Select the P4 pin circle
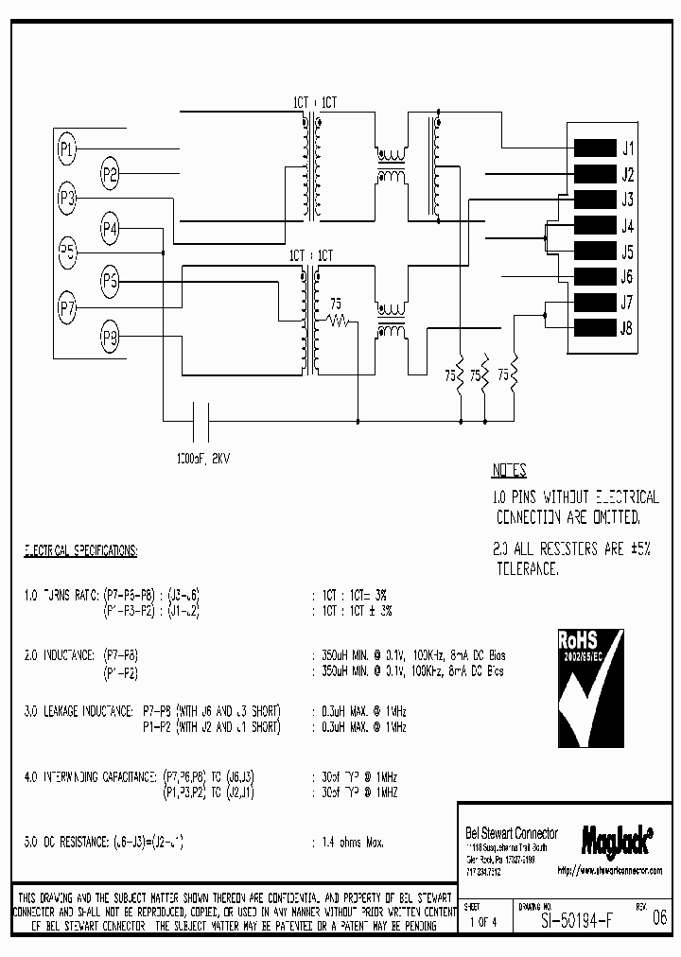point(111,227)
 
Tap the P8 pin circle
point(111,336)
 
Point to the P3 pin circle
point(66,198)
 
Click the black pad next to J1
point(594,148)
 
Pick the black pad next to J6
point(594,277)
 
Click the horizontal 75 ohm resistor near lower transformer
point(338,322)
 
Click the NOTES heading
point(509,471)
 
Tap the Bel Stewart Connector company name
point(511,833)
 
